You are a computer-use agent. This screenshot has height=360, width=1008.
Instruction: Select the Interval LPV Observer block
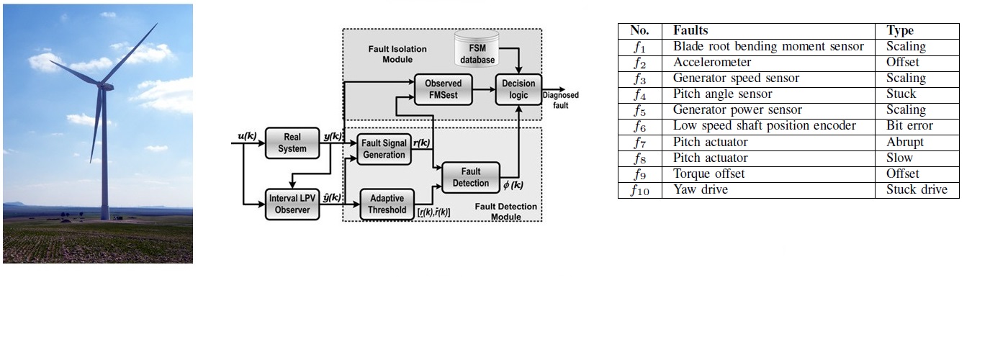tap(294, 204)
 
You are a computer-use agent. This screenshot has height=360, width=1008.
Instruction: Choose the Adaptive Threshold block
tap(387, 204)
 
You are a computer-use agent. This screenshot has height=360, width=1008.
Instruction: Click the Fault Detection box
tap(470, 177)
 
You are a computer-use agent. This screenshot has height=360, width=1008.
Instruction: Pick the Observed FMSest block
tap(443, 89)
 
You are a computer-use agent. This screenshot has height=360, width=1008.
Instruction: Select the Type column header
tap(900, 30)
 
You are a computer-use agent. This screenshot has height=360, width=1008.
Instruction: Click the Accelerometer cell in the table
tap(712, 63)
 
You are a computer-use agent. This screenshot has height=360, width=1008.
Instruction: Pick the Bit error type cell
tap(909, 126)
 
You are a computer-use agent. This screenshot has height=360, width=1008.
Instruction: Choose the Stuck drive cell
tap(917, 190)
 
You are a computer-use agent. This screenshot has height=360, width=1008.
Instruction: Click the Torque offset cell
tap(709, 174)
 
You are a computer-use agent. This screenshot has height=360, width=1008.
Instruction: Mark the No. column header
tap(639, 30)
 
